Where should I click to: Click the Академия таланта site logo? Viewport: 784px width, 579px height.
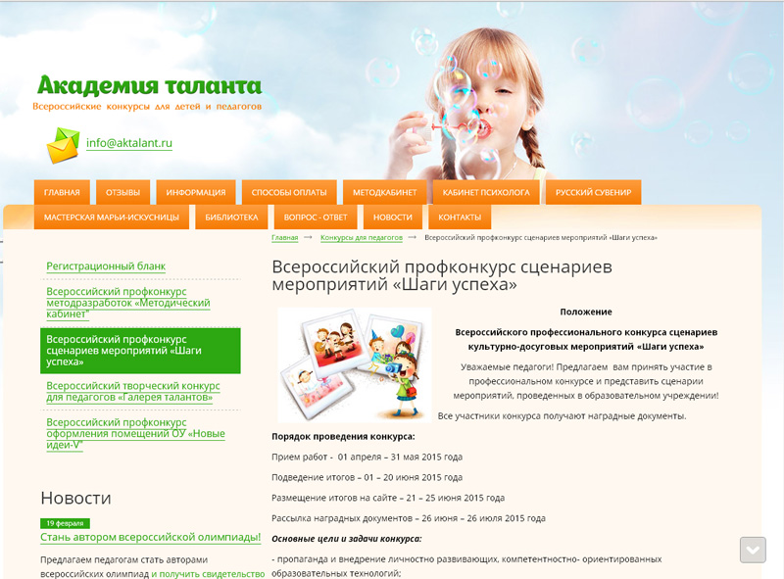[x=150, y=85]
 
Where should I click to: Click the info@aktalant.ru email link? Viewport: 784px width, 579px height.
[x=129, y=143]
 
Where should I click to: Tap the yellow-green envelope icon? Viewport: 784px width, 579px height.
[x=63, y=145]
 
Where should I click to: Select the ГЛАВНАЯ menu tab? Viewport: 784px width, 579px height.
[x=62, y=192]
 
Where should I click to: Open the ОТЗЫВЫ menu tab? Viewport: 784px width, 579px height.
[x=123, y=192]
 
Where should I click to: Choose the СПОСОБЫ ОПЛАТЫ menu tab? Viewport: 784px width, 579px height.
[x=289, y=192]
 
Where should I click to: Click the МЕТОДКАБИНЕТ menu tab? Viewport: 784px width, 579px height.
[x=384, y=192]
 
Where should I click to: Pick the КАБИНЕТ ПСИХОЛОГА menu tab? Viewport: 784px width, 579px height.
[x=486, y=192]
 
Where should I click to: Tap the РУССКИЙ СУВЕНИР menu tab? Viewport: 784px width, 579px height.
[x=594, y=192]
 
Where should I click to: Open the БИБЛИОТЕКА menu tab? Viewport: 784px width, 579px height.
[x=231, y=217]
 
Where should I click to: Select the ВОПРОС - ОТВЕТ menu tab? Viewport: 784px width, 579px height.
[x=316, y=217]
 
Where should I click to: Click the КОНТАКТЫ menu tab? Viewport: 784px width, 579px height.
[x=460, y=217]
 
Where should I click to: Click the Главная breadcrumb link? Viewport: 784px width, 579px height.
[x=285, y=237]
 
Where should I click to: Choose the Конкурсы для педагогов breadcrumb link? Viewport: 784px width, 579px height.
[x=362, y=237]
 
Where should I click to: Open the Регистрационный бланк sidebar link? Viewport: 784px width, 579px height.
[x=106, y=266]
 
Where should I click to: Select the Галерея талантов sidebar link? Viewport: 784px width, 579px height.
[x=133, y=392]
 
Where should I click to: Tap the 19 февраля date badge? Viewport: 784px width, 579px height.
[x=65, y=523]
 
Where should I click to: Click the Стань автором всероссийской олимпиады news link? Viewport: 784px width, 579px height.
[x=151, y=538]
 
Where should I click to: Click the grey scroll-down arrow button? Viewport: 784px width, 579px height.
[x=753, y=550]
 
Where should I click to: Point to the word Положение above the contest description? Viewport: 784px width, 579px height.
[x=586, y=312]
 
